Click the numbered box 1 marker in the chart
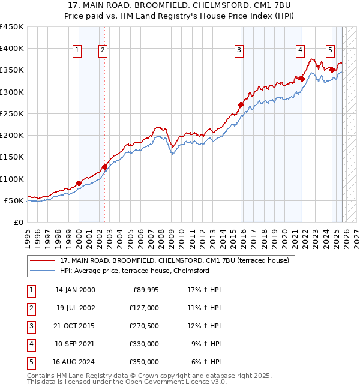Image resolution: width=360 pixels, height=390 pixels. pos(77,50)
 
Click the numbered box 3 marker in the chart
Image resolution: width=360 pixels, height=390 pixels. pos(239,50)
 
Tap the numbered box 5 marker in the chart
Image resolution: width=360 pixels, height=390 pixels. pos(331,50)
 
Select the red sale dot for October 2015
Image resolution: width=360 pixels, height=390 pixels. pos(241,104)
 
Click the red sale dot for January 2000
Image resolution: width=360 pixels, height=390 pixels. pos(79,183)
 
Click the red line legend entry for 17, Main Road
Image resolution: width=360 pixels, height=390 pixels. pos(174,260)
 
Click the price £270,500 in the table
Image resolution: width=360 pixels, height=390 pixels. pos(144,326)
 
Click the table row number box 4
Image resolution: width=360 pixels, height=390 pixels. pos(30,344)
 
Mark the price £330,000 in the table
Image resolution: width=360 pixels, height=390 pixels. pos(144,344)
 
